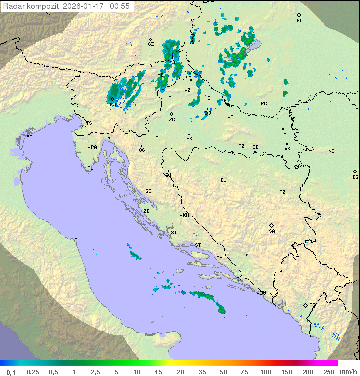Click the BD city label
point(299,21)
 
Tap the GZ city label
point(151,44)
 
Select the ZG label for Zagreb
point(172,120)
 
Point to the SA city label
point(272,231)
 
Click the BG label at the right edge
point(355,177)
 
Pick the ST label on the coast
point(198,245)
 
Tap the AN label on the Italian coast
point(77,240)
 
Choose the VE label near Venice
point(29,136)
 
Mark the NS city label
point(331,151)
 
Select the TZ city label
point(282,192)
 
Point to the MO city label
point(251,255)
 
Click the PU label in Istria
point(90,168)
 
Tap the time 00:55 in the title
point(120,6)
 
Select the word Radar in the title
point(13,6)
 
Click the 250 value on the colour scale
point(329,372)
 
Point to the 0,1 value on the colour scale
point(11,372)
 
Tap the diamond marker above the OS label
point(283,128)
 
